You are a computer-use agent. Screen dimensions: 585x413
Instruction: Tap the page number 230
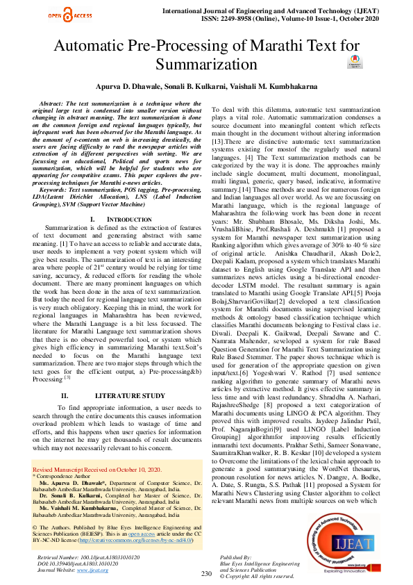[x=205, y=574]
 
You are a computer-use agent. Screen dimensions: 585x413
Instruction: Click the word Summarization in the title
[x=206, y=65]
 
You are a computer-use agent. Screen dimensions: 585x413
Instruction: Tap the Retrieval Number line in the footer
[x=77, y=557]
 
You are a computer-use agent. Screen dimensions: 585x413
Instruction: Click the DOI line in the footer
[x=76, y=563]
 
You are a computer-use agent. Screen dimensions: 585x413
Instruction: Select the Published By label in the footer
[x=236, y=558]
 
